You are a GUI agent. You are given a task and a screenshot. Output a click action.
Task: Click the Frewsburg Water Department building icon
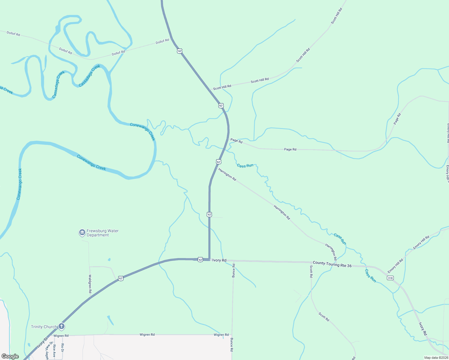(82, 232)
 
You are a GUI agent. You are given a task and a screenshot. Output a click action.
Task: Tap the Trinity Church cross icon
(61, 326)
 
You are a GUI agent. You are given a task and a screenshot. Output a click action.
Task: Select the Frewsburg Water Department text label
(102, 233)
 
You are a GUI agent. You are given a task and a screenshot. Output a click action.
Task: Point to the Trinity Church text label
(44, 327)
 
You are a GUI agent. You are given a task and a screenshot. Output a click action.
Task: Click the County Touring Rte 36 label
(332, 264)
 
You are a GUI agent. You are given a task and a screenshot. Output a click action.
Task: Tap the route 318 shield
(390, 278)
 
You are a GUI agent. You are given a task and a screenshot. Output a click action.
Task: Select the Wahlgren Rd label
(90, 283)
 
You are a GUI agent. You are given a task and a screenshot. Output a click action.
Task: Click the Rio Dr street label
(62, 347)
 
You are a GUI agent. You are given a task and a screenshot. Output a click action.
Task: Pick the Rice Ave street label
(54, 348)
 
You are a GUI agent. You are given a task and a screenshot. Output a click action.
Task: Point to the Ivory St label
(42, 343)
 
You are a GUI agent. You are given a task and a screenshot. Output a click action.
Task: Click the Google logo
(10, 356)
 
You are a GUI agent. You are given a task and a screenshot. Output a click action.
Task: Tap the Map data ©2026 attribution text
(436, 358)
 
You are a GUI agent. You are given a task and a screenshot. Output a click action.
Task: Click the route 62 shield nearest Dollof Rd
(179, 51)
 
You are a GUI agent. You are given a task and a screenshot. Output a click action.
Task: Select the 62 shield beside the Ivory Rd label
(200, 259)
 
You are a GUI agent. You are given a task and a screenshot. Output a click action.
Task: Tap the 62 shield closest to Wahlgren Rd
(120, 278)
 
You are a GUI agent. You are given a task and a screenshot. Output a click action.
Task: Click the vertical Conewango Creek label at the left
(19, 184)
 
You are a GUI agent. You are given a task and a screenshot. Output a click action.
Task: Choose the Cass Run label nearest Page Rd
(245, 166)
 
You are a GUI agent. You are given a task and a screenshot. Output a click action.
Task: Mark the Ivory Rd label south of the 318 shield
(423, 329)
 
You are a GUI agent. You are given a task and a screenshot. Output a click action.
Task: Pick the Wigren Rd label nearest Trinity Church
(61, 336)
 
